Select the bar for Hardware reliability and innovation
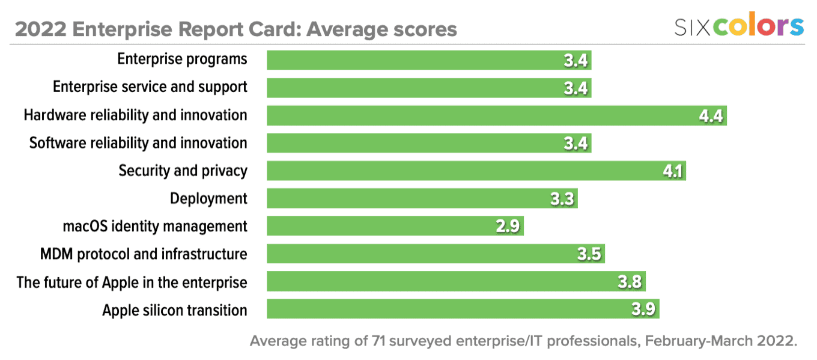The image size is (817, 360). point(496,115)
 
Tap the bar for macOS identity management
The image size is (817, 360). point(395,226)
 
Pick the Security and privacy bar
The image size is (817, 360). point(476,171)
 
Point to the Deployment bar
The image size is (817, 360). point(422,198)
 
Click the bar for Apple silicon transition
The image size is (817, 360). point(463,309)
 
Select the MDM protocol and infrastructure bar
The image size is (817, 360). point(435,254)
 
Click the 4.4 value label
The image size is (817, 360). point(711,116)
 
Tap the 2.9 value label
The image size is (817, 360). point(508,227)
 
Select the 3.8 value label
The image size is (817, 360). point(631,282)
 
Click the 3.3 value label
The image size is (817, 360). point(563,199)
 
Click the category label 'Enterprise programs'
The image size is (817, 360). point(182,59)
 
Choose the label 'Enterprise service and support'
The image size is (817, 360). point(150,87)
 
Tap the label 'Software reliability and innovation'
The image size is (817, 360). point(138,143)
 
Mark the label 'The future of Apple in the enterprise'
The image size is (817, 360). point(132,282)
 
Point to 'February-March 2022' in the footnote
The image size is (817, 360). point(721,341)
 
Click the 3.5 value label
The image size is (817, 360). point(589,254)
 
